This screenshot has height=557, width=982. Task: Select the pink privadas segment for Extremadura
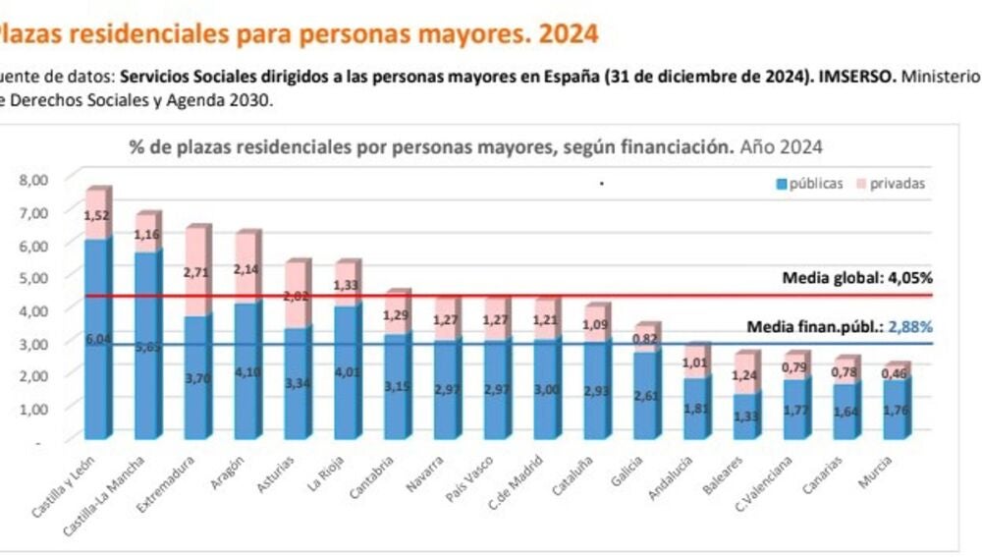[x=196, y=270]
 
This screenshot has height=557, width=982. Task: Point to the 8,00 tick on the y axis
[x=32, y=180]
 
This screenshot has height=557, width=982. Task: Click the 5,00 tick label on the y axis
[x=32, y=277]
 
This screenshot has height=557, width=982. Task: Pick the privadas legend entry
[x=892, y=183]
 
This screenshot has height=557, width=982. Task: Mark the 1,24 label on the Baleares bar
[x=746, y=374]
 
